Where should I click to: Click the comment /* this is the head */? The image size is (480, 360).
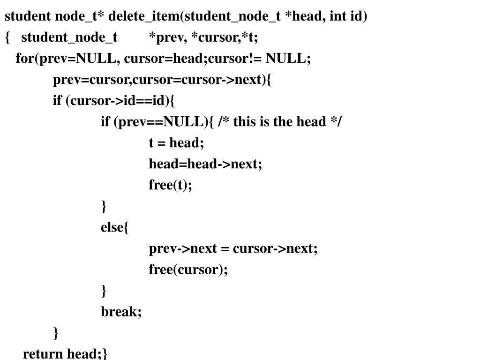coord(280,122)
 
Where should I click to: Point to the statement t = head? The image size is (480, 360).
coord(176,143)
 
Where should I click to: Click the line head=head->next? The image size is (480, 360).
coord(205,165)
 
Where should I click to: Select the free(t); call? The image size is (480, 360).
coord(171,186)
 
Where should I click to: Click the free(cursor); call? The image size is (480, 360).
coord(188,270)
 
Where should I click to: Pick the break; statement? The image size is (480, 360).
coord(121,312)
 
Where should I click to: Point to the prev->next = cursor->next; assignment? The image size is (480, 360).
coord(233,249)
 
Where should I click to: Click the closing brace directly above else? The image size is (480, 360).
coord(104,207)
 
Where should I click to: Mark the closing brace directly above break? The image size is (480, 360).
coord(104,291)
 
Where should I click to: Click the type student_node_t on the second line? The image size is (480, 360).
coord(69,38)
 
